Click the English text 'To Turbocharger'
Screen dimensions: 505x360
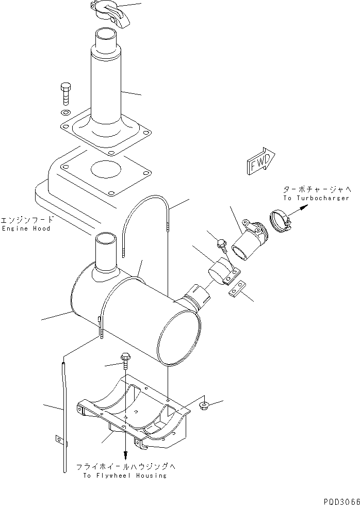point(316,198)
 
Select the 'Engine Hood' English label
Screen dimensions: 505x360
point(26,228)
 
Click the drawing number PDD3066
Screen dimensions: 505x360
point(341,500)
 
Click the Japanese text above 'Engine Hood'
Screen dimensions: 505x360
point(26,219)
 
